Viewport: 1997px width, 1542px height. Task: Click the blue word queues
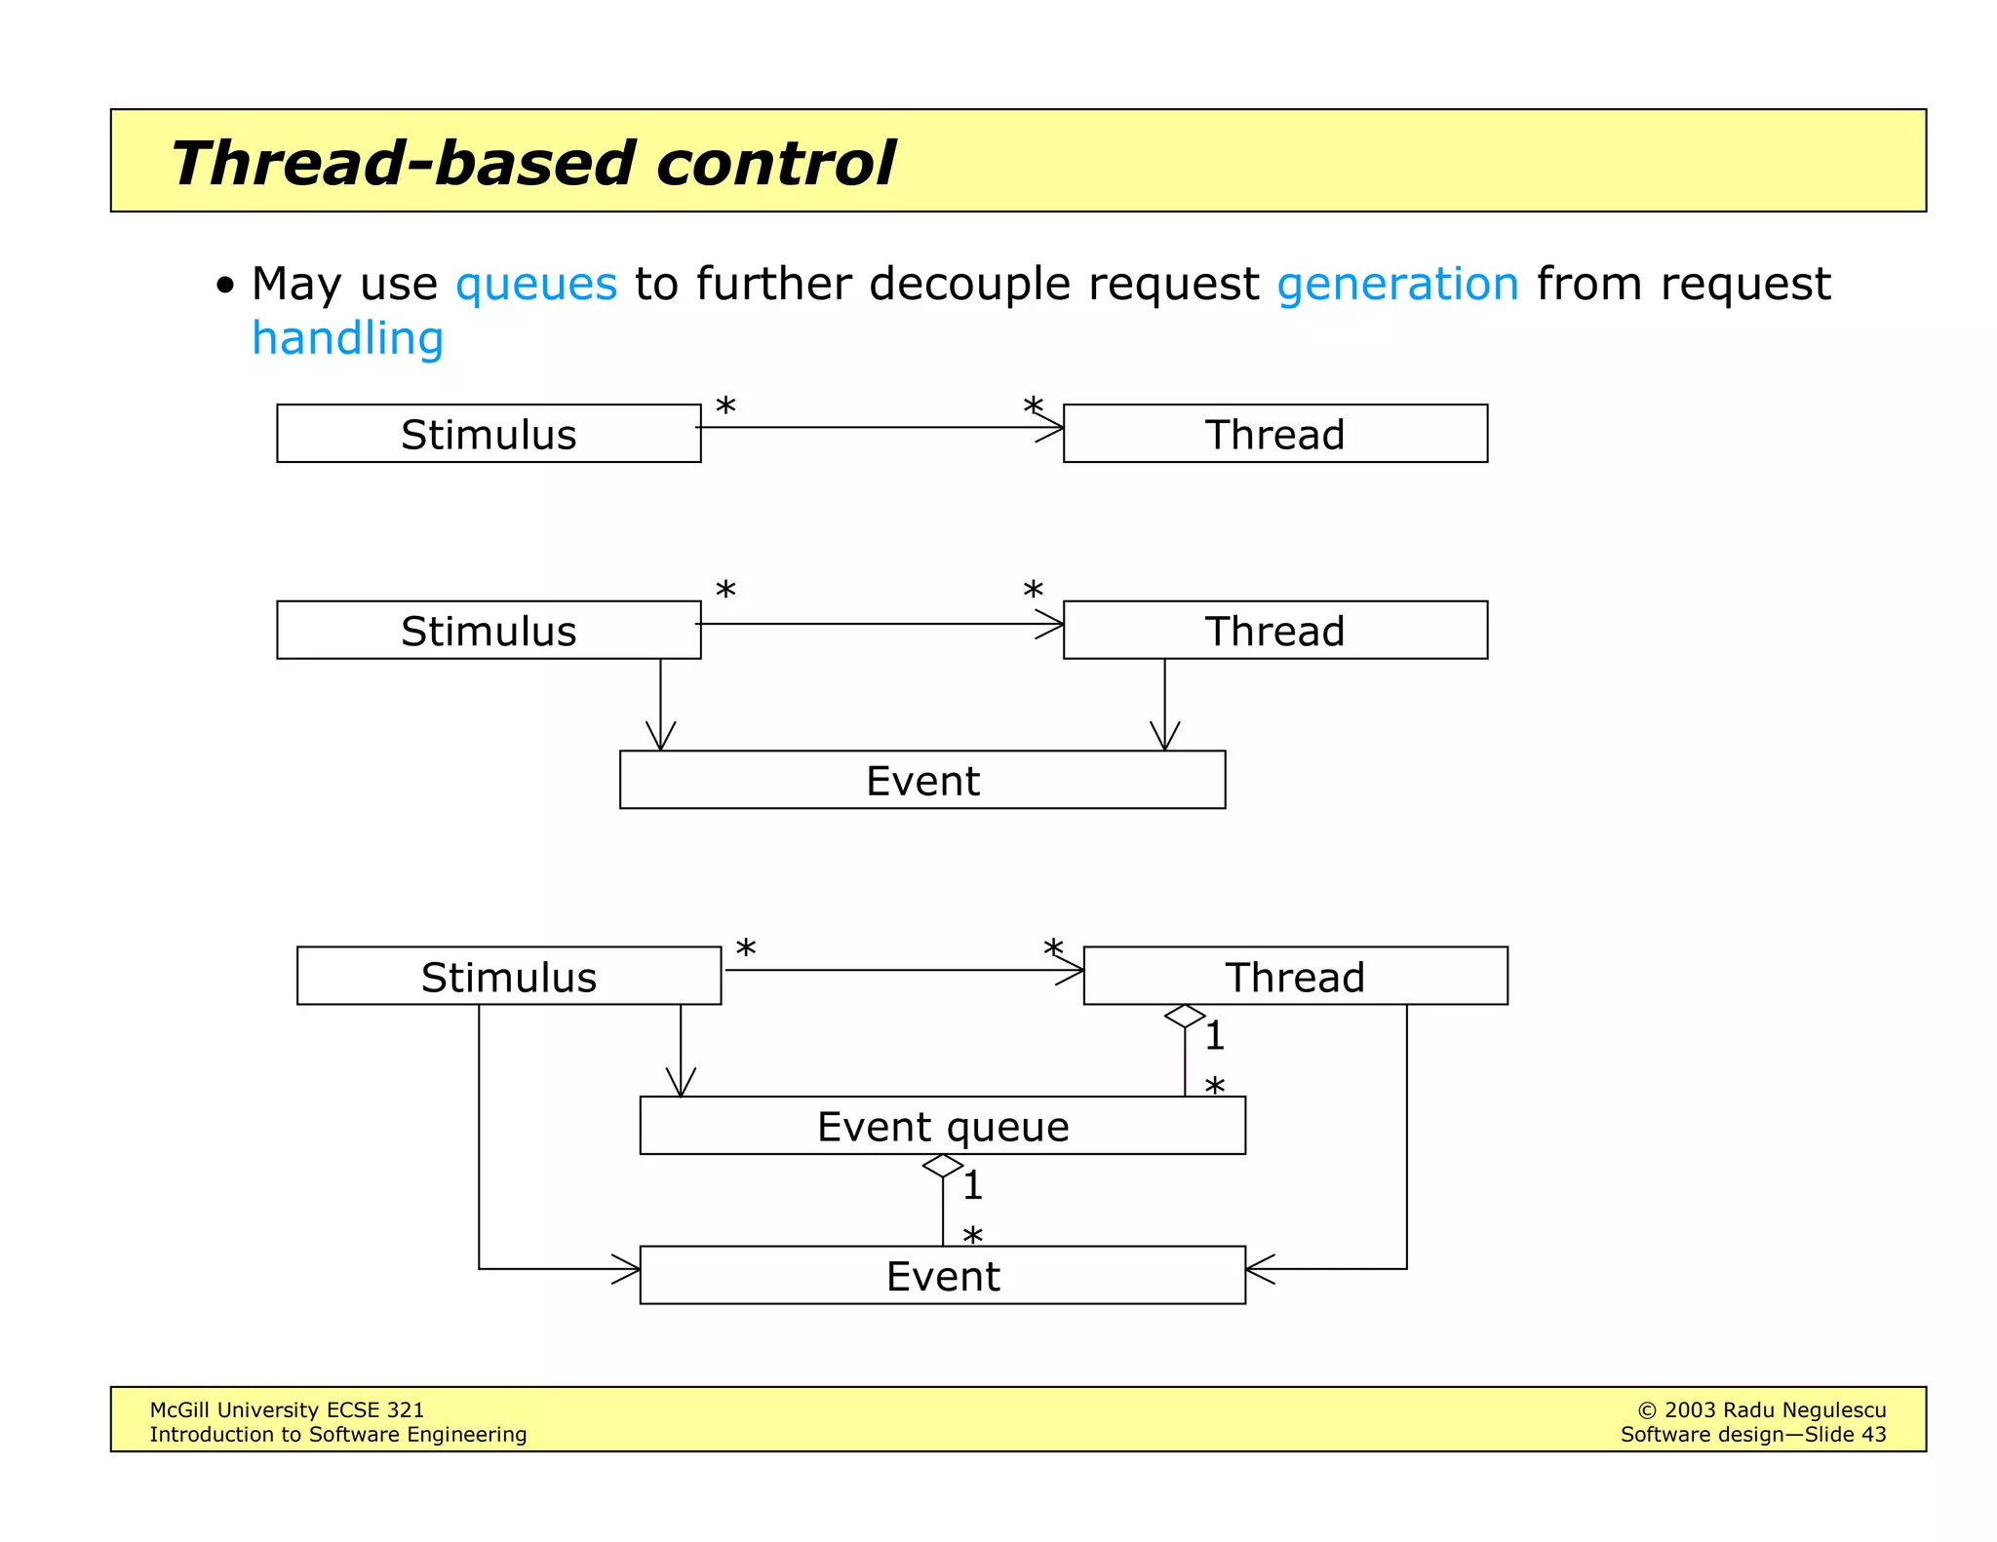click(536, 284)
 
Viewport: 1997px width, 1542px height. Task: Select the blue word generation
click(1397, 284)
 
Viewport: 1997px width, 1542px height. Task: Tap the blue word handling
click(347, 338)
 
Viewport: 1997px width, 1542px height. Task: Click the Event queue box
click(942, 1126)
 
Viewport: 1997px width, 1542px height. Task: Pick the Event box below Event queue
click(942, 1275)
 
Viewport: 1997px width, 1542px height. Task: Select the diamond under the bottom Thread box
click(1185, 1016)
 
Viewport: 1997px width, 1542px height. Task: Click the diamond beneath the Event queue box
click(942, 1166)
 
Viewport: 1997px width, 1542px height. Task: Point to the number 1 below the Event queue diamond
click(972, 1186)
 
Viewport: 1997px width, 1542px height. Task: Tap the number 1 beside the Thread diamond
click(1214, 1036)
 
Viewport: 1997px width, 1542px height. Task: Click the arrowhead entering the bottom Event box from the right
click(1258, 1269)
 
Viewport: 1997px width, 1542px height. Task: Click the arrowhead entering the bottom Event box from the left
click(628, 1269)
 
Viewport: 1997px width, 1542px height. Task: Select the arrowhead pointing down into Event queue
click(681, 1084)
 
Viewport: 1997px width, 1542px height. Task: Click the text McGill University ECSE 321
click(287, 1409)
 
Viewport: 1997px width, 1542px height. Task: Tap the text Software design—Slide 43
click(1752, 1435)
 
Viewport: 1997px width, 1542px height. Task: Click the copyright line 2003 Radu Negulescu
click(1761, 1409)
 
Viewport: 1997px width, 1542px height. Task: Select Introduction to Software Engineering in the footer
click(337, 1435)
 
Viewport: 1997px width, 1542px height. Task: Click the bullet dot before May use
click(225, 287)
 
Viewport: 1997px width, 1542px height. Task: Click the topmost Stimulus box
click(489, 434)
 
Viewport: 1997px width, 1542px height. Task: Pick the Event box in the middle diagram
click(921, 780)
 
